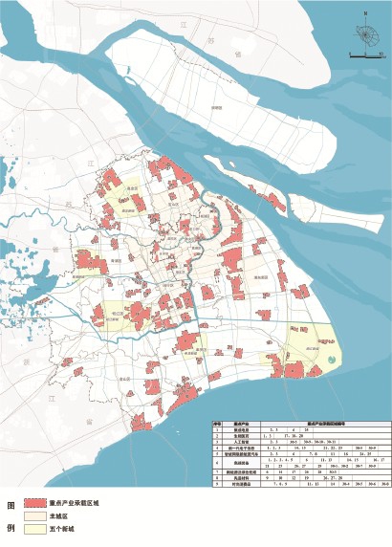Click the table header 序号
click(217, 421)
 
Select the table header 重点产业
click(241, 421)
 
